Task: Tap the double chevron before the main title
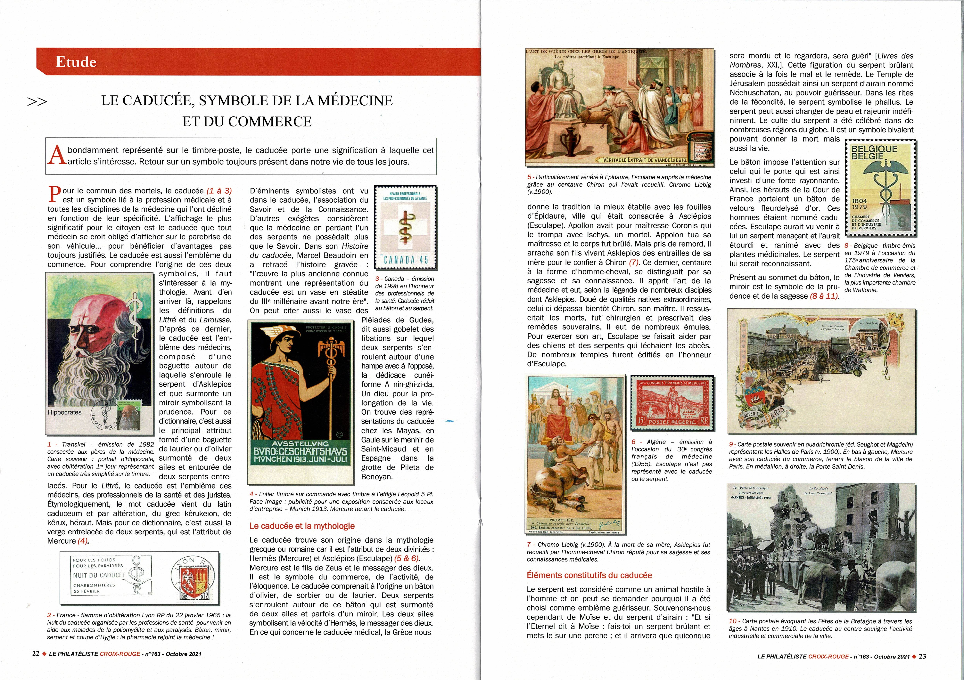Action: (x=37, y=102)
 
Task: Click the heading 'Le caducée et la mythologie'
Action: (x=302, y=526)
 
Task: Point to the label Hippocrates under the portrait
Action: (x=65, y=412)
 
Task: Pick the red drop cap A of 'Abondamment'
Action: (x=56, y=155)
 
